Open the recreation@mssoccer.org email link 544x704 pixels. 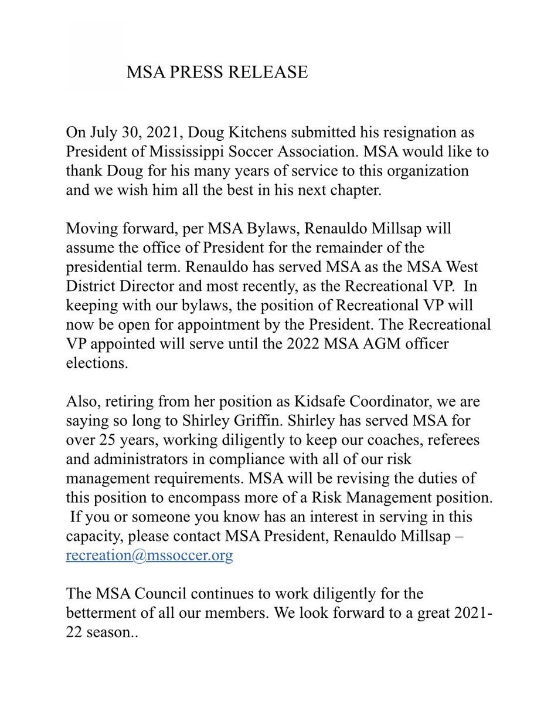pyautogui.click(x=149, y=555)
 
